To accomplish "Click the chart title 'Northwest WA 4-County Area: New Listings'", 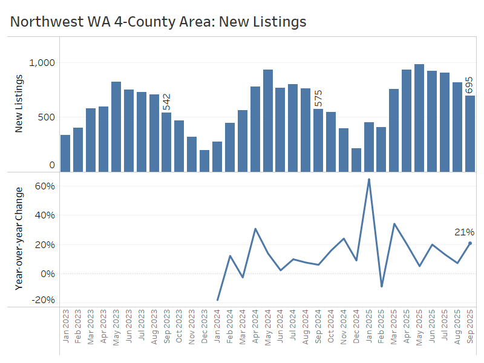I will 159,22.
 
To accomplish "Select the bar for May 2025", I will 419,117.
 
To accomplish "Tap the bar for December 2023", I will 204,160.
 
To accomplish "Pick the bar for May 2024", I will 268,120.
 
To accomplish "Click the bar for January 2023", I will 65,153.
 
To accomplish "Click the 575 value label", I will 318,99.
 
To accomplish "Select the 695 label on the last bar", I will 469,85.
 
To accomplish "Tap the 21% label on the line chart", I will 465,232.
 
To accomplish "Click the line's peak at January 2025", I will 369,180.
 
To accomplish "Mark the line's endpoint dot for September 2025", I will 470,243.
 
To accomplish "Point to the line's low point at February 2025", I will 381,286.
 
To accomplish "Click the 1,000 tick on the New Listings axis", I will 42,63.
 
